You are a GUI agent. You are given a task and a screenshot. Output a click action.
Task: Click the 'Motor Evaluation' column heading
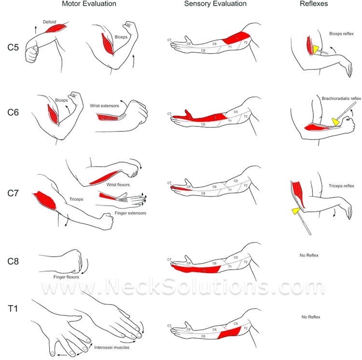tap(89, 4)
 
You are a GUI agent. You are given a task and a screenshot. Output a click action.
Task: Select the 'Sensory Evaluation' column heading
tap(215, 4)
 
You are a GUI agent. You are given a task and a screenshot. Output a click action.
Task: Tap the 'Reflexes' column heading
tap(314, 4)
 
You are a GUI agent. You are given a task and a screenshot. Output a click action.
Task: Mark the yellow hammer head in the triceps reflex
tap(295, 211)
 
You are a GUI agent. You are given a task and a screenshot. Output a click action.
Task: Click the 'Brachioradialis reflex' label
tap(341, 98)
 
